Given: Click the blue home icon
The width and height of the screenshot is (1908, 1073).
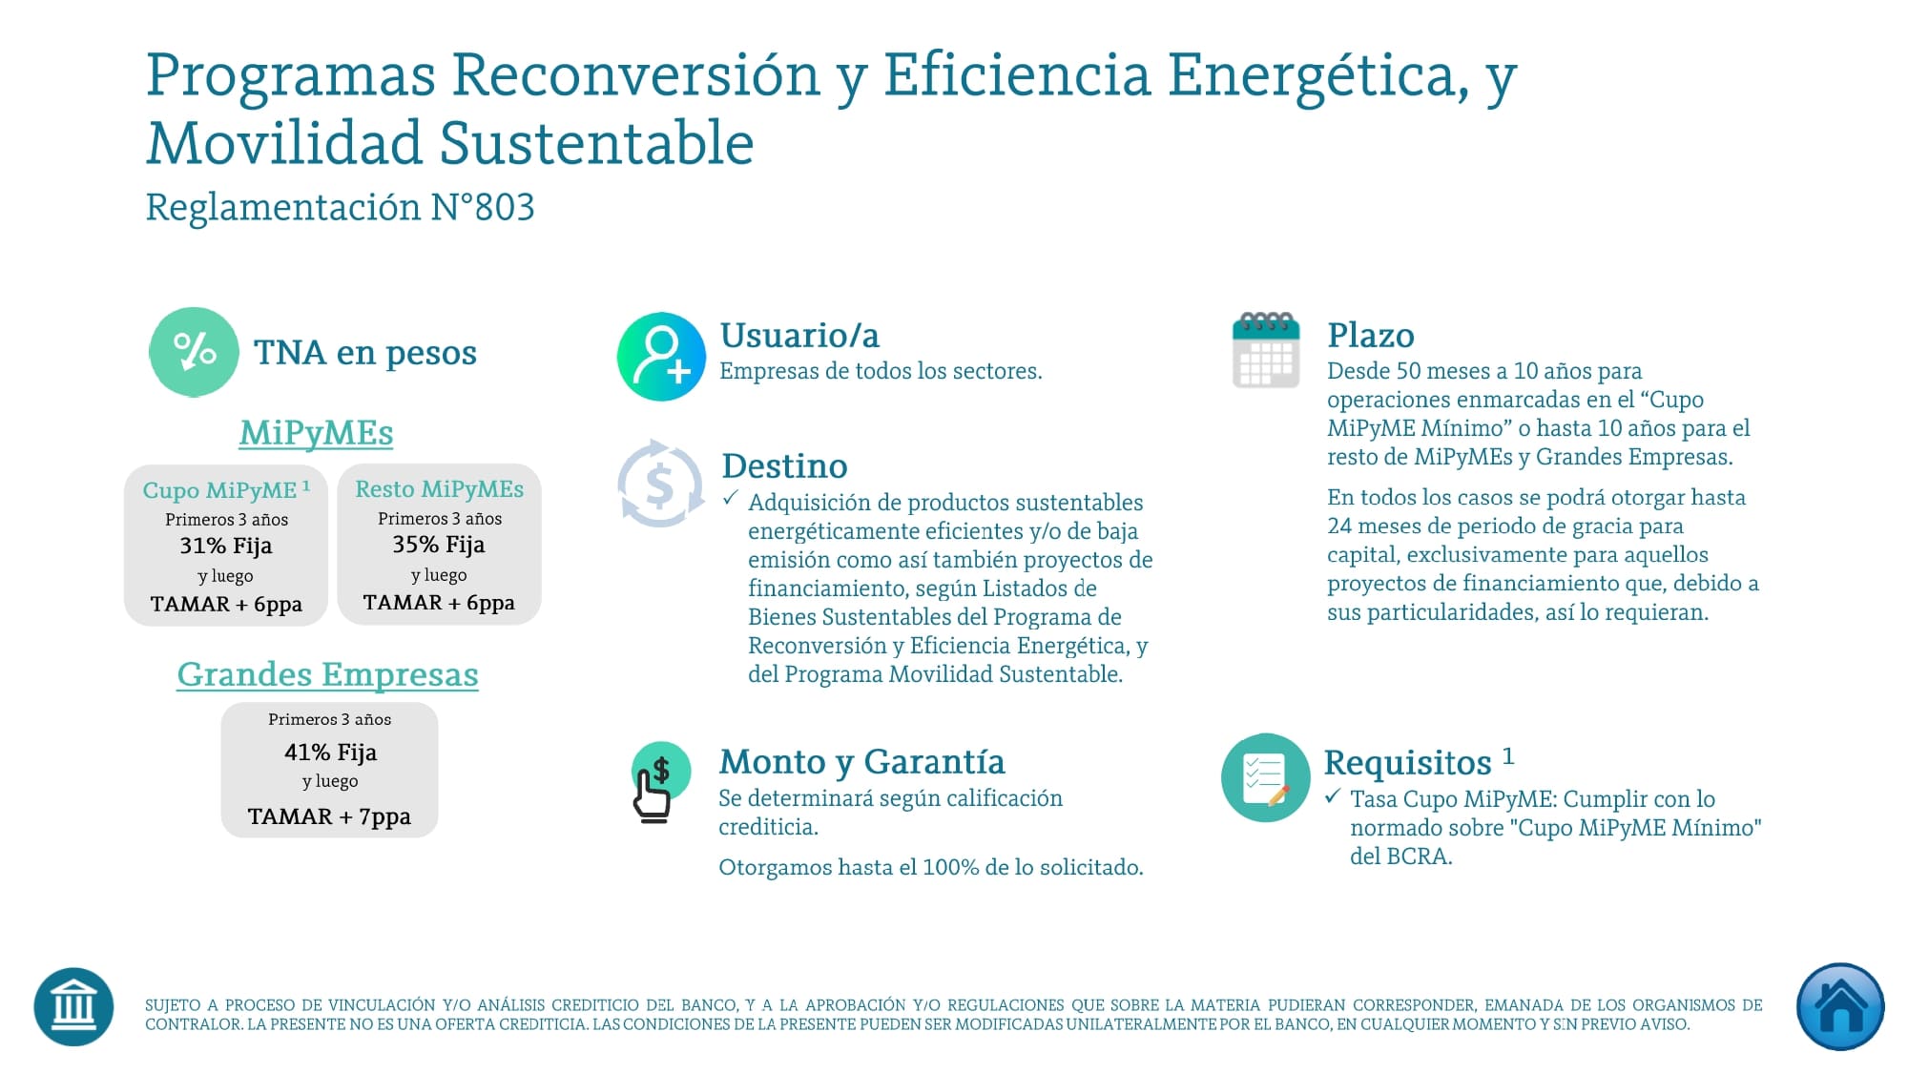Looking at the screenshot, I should (x=1839, y=1007).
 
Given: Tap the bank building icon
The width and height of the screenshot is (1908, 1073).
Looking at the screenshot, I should (x=73, y=1007).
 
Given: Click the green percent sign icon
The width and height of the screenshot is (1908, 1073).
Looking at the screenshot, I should (x=194, y=351).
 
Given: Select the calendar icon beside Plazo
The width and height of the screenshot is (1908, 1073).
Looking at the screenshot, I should (x=1266, y=350).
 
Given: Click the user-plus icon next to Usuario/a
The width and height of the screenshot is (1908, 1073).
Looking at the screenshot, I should (x=661, y=356).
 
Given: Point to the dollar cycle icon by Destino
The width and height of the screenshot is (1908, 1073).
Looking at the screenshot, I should (x=660, y=484).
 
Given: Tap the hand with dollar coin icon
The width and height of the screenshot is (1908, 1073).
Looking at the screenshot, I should (x=658, y=782).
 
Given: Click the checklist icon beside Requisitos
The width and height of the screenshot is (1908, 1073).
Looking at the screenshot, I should (x=1265, y=777).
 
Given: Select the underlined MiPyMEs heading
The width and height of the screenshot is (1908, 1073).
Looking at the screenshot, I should (x=316, y=433).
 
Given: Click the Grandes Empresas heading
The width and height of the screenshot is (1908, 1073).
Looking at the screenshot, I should (x=327, y=674).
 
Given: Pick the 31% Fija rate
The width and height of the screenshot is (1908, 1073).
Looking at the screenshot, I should (x=226, y=546).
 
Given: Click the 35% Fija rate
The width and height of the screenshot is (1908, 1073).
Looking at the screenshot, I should (x=439, y=545).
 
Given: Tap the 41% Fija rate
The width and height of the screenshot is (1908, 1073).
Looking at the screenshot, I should (x=330, y=753).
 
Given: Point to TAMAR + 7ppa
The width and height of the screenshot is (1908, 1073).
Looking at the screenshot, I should (x=329, y=816).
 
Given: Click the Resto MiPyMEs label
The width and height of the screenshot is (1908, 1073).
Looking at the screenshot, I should (x=439, y=489).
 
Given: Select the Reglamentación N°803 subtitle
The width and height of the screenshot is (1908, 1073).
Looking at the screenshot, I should (x=340, y=207).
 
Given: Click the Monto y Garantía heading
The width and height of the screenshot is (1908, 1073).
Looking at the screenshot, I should (x=861, y=762).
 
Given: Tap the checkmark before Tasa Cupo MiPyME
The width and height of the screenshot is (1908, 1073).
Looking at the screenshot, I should (x=1333, y=796).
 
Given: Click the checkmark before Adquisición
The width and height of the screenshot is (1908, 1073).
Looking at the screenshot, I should (x=731, y=499).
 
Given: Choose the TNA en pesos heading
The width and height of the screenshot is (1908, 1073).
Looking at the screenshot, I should (x=364, y=353).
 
